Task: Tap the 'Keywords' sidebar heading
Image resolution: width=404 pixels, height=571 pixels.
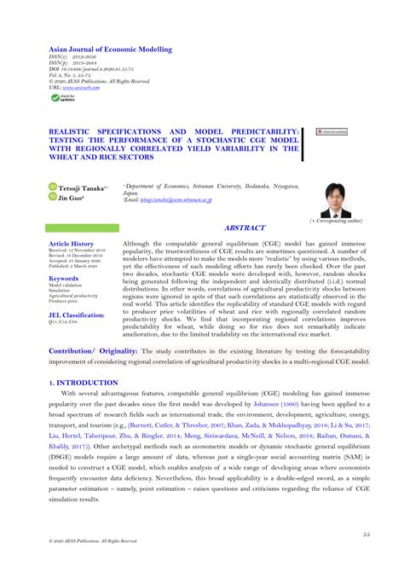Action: pos(64,278)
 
